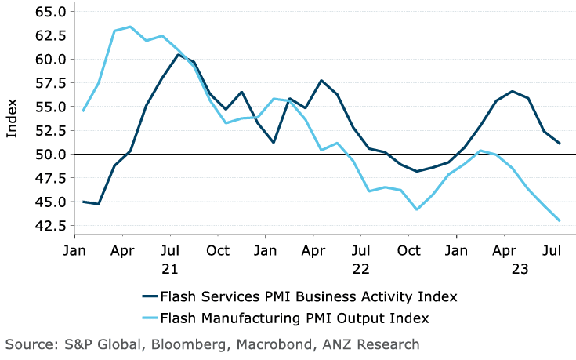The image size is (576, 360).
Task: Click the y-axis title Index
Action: pyautogui.click(x=12, y=118)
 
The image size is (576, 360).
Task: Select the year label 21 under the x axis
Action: pyautogui.click(x=170, y=268)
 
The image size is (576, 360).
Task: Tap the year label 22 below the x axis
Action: pyautogui.click(x=361, y=268)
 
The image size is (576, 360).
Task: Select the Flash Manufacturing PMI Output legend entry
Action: pyautogui.click(x=295, y=318)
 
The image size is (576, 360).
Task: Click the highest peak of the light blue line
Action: pyautogui.click(x=130, y=27)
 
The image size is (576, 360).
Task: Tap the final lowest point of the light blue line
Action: pyautogui.click(x=559, y=220)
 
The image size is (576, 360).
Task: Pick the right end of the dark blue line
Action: pyautogui.click(x=559, y=144)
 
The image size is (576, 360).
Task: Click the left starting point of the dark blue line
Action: pyautogui.click(x=82, y=202)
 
